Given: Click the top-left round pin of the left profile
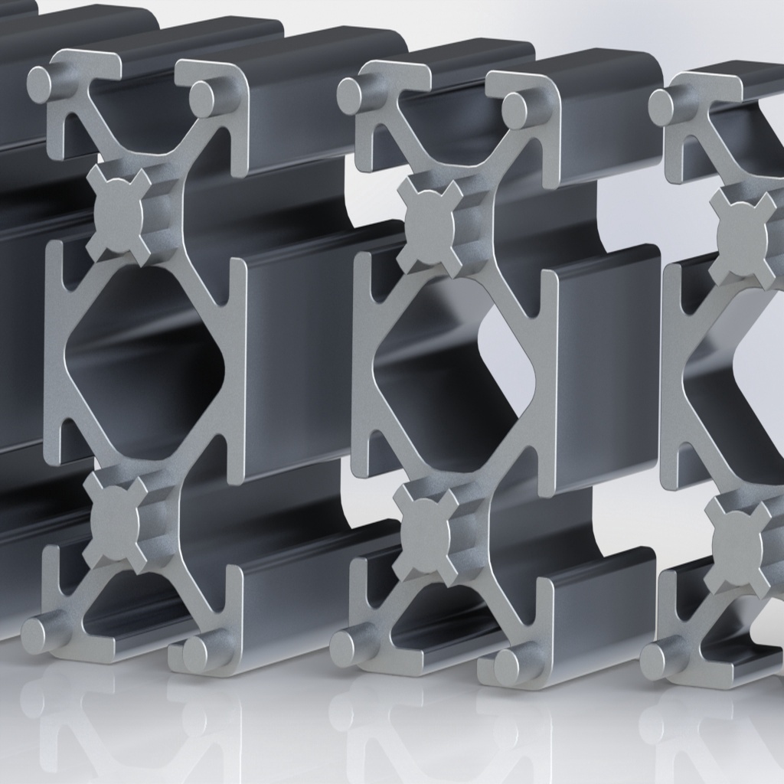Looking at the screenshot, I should [44, 82].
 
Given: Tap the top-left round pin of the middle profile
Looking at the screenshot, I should [353, 93].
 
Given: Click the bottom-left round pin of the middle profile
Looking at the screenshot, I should [348, 647].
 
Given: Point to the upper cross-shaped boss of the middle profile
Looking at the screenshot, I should [430, 223].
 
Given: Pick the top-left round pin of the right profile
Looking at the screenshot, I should [663, 106].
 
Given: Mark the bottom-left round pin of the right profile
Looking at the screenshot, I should [657, 659].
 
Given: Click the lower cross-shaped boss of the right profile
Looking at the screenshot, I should [737, 545].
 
